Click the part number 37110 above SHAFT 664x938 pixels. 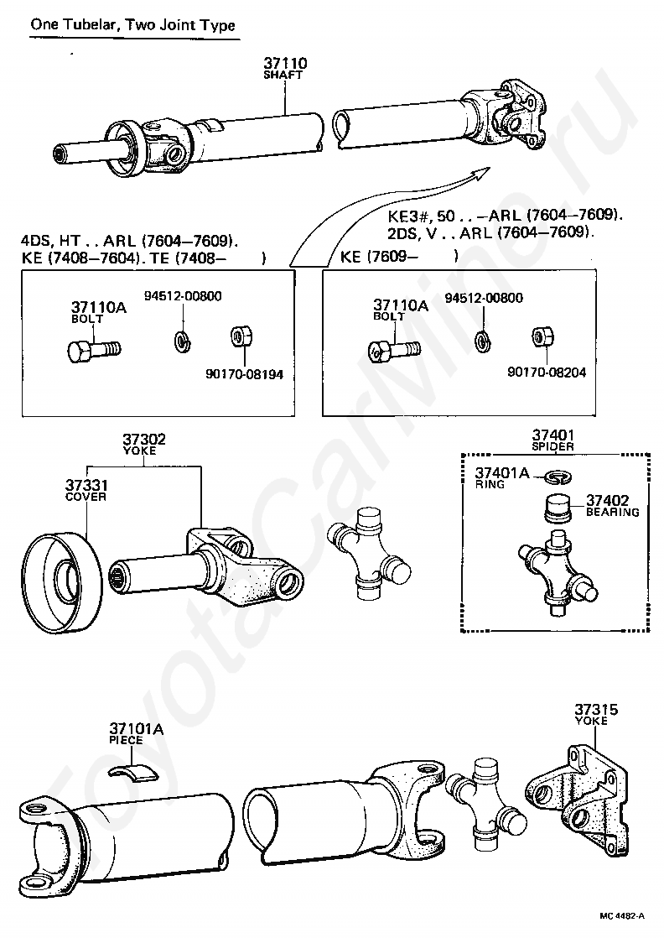pyautogui.click(x=285, y=63)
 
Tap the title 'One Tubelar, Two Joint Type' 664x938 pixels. pyautogui.click(x=132, y=25)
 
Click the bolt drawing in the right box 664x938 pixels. pyautogui.click(x=393, y=347)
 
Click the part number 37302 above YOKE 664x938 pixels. pyautogui.click(x=144, y=439)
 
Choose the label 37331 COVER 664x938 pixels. pyautogui.click(x=86, y=489)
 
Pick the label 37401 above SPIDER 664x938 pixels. pyautogui.click(x=553, y=435)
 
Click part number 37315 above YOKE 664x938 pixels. pyautogui.click(x=596, y=710)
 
